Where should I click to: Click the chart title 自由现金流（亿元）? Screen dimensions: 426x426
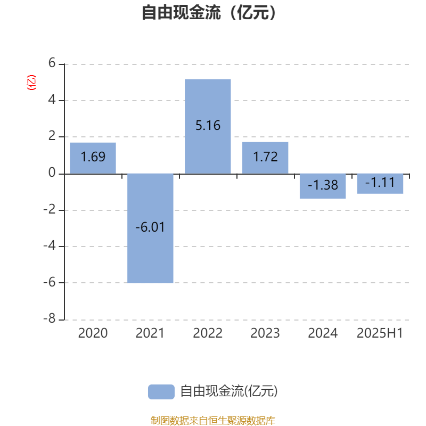(x=209, y=12)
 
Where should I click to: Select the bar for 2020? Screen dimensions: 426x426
(x=93, y=158)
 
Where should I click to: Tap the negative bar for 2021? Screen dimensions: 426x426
(x=150, y=228)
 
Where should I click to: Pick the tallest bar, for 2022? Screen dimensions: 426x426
(x=208, y=126)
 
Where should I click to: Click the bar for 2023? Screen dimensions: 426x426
(x=265, y=158)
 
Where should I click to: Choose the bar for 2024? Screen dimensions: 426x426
(x=323, y=186)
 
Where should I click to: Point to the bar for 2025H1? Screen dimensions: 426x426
(x=380, y=184)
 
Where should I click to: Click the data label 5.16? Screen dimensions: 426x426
(x=208, y=126)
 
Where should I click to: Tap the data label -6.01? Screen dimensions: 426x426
(x=150, y=227)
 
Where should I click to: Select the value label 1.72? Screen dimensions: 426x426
(x=265, y=157)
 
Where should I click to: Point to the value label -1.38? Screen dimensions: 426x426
(x=323, y=185)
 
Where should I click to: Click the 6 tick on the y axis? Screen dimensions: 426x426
(x=52, y=63)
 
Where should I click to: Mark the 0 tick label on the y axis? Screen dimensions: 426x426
(x=52, y=173)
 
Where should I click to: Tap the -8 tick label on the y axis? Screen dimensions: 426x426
(x=50, y=318)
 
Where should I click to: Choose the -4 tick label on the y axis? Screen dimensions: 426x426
(x=50, y=246)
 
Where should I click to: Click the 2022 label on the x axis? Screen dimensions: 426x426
(x=208, y=333)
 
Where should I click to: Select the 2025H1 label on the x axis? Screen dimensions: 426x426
(x=380, y=333)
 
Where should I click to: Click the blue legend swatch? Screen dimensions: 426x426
(x=161, y=392)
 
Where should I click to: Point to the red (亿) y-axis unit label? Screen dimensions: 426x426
(x=31, y=83)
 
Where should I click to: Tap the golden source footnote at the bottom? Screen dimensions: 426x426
(x=213, y=420)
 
